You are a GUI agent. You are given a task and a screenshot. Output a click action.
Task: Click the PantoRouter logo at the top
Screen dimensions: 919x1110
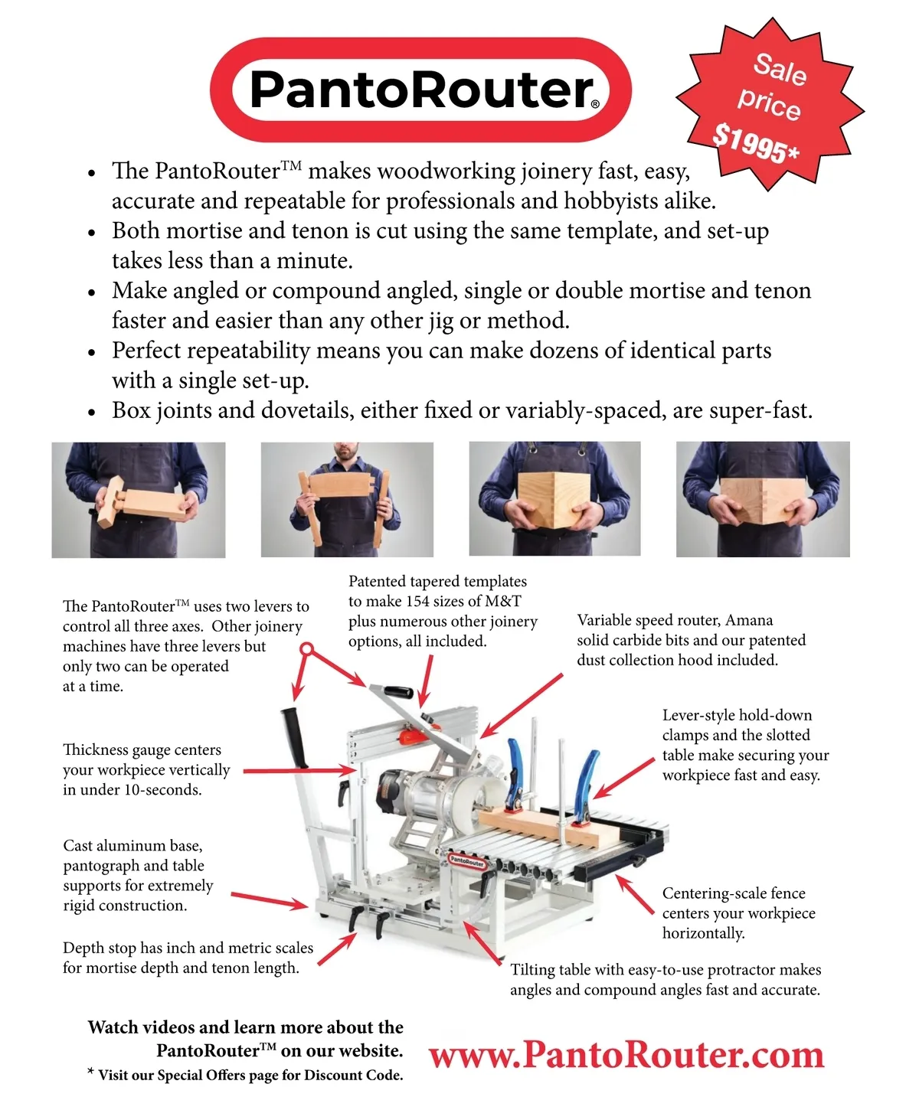click(x=420, y=90)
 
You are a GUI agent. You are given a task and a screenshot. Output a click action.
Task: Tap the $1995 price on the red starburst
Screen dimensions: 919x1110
click(x=755, y=143)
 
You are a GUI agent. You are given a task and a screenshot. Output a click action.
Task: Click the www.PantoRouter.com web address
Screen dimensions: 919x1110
click(x=626, y=1055)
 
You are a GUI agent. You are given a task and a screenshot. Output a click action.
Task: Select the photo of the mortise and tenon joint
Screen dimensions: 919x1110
click(x=139, y=500)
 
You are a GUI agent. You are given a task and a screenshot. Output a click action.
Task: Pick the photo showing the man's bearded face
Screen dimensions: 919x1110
click(x=347, y=500)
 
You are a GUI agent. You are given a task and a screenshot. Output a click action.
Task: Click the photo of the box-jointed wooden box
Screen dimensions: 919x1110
click(x=554, y=498)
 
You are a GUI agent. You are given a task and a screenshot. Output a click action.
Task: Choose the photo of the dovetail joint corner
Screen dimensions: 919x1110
click(x=763, y=499)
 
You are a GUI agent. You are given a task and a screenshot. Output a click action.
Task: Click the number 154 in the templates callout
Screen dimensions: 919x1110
click(x=421, y=601)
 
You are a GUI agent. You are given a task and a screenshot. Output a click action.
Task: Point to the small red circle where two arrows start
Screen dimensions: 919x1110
click(x=306, y=649)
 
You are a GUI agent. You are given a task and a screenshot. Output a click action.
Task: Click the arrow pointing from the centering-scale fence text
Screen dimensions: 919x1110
click(x=635, y=894)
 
